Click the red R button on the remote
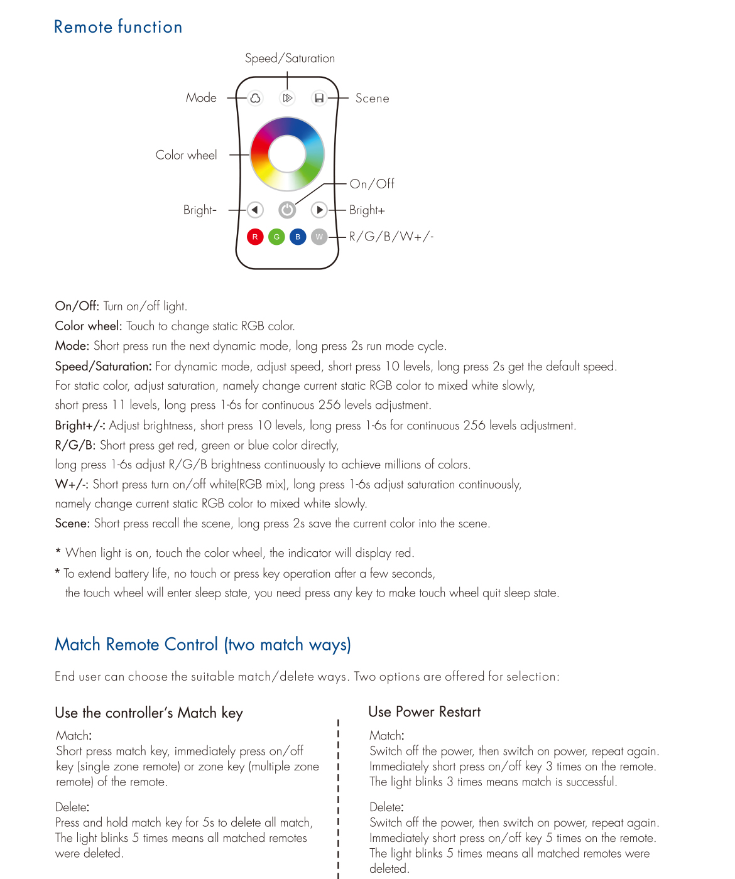(255, 237)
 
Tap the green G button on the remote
(276, 237)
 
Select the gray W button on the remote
(319, 237)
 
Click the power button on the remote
(287, 210)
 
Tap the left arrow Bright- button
(254, 210)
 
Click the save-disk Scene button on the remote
(319, 98)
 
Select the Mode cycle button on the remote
(255, 98)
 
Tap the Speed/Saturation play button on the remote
(287, 98)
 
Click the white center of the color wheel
(287, 154)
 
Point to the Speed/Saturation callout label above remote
(290, 58)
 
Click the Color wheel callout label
(186, 155)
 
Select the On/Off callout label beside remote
(372, 184)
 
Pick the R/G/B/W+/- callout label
(391, 237)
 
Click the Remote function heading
(118, 27)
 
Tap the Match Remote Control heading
(202, 645)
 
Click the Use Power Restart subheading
(424, 712)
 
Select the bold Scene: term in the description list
(72, 524)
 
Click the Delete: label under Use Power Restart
(386, 807)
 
